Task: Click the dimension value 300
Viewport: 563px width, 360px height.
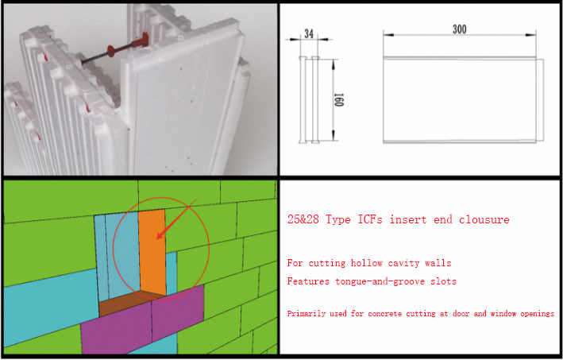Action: pos(458,29)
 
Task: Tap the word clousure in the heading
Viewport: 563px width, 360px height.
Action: pos(482,219)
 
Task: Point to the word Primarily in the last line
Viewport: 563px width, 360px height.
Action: pos(305,314)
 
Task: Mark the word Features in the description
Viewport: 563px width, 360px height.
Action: pos(306,281)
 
